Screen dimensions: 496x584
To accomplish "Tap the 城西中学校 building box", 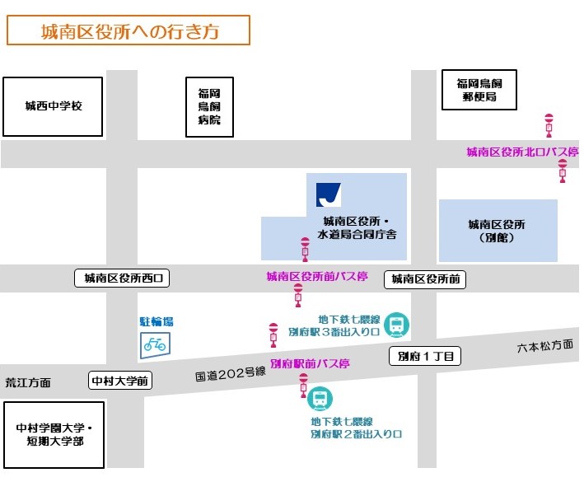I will pos(54,106).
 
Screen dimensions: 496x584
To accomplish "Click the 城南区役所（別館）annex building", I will pos(497,230).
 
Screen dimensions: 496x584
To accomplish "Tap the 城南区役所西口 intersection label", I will pos(122,278).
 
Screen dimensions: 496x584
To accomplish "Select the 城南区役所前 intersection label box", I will pos(425,280).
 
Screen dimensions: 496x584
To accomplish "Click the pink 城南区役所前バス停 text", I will pos(316,277).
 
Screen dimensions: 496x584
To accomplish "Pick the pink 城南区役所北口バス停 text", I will pos(522,152).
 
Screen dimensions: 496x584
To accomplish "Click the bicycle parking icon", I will pos(154,344).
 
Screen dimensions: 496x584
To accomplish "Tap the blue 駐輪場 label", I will pos(157,322).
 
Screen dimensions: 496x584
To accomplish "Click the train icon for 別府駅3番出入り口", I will pos(397,325).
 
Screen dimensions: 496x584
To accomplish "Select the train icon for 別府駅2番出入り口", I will pos(319,400).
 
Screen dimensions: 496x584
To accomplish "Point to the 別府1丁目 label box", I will pos(425,357).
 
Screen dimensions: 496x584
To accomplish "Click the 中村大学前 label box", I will pos(120,381).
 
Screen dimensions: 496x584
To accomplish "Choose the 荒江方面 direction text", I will pos(28,382).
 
